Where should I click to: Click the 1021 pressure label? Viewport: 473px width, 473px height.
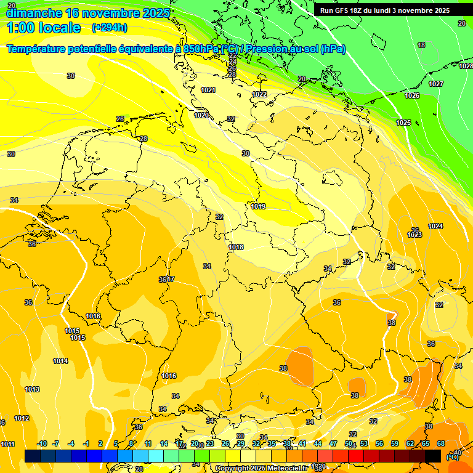point(208,90)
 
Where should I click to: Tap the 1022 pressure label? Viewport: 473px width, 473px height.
point(259,94)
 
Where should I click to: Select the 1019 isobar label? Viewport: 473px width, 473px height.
point(258,206)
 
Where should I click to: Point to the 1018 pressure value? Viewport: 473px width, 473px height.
point(236,247)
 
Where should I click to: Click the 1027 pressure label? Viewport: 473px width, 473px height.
point(436,84)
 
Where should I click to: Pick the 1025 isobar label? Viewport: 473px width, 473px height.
point(403,123)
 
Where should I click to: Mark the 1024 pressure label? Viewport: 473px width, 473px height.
point(435,226)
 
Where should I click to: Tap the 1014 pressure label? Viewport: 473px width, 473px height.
point(60,361)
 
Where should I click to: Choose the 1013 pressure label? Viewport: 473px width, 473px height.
point(32,389)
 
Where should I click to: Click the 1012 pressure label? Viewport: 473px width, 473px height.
point(22,418)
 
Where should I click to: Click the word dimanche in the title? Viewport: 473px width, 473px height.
point(34,12)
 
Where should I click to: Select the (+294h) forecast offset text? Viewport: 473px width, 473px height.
point(110,28)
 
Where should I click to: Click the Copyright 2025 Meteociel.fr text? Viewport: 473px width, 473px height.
point(261,468)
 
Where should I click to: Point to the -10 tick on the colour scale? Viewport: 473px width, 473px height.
point(42,443)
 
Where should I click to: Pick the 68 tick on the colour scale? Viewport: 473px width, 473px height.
point(441,443)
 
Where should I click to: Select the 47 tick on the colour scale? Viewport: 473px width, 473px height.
point(333,443)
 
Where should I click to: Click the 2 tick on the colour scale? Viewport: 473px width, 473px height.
point(100,443)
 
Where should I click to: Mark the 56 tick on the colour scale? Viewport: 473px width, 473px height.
point(379,443)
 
